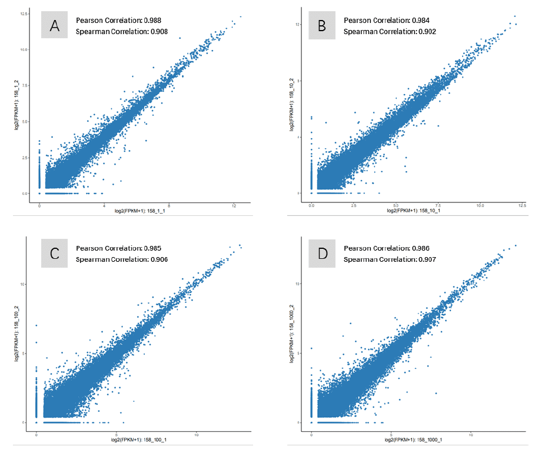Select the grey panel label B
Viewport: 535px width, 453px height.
point(321,25)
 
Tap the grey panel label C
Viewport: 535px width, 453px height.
point(55,254)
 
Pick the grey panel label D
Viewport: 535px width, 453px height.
point(321,254)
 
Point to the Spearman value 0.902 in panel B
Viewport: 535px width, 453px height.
point(426,31)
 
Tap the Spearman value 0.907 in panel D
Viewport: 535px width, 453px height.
point(426,259)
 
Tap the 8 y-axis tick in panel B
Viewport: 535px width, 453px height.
point(298,80)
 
